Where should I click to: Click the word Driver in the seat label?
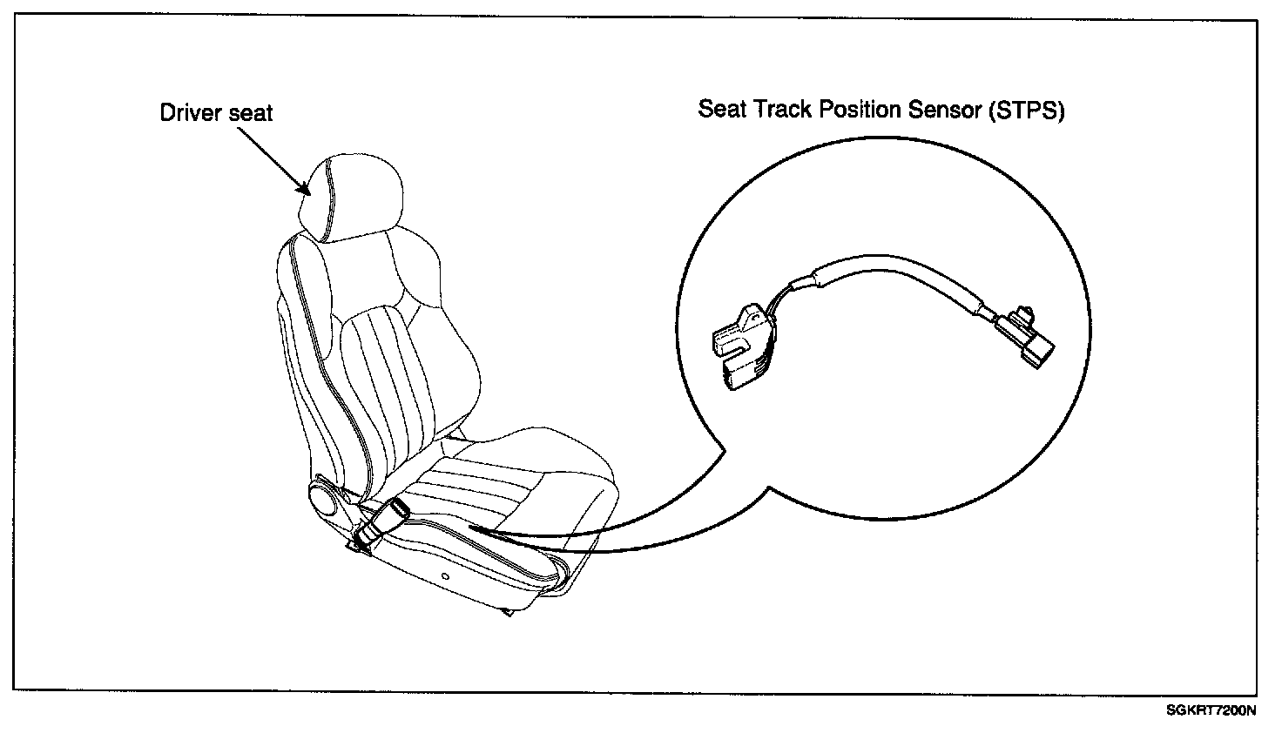click(188, 113)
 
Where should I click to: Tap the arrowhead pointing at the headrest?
click(303, 188)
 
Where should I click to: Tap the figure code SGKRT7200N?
click(1211, 710)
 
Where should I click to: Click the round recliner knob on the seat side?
click(322, 501)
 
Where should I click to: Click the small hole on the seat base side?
click(445, 576)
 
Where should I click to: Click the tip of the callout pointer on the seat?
click(470, 528)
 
